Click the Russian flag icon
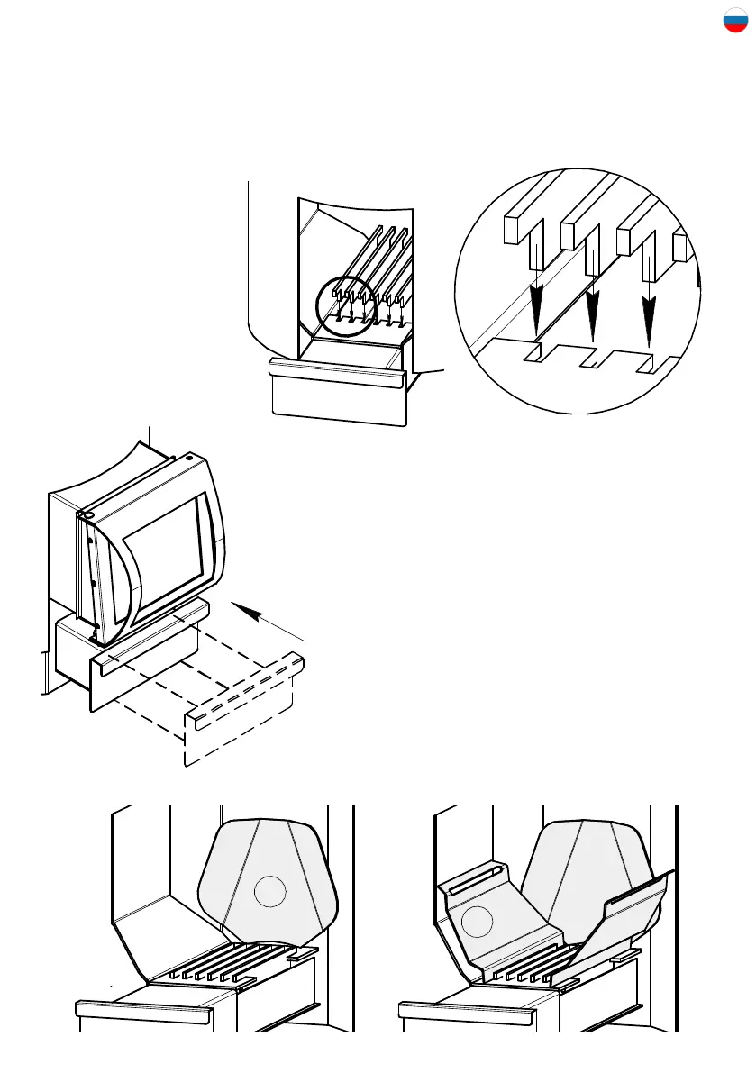point(735,21)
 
